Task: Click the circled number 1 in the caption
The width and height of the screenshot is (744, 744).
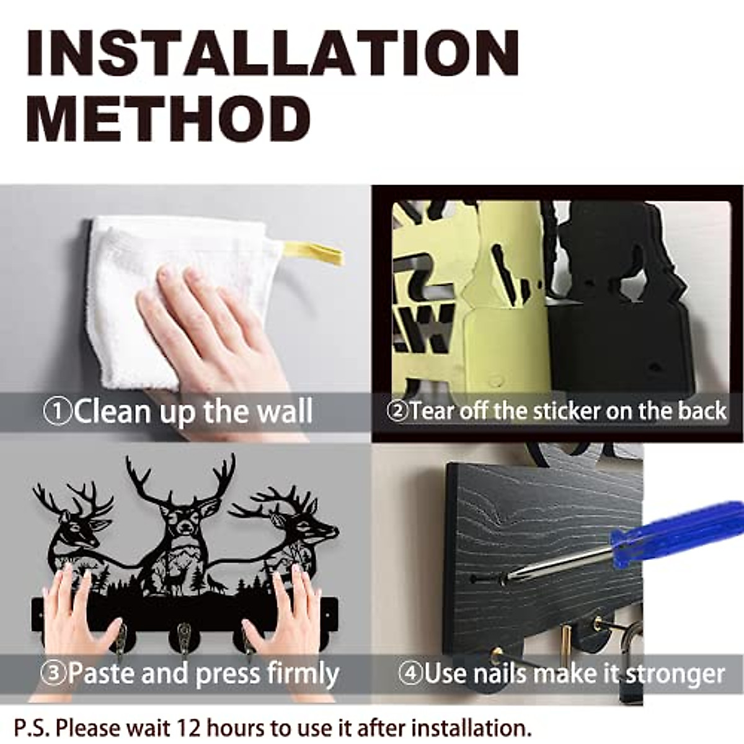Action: pyautogui.click(x=58, y=412)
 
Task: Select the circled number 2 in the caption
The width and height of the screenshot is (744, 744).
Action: pyautogui.click(x=397, y=412)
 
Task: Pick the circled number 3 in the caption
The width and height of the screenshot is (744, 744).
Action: pyautogui.click(x=54, y=673)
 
